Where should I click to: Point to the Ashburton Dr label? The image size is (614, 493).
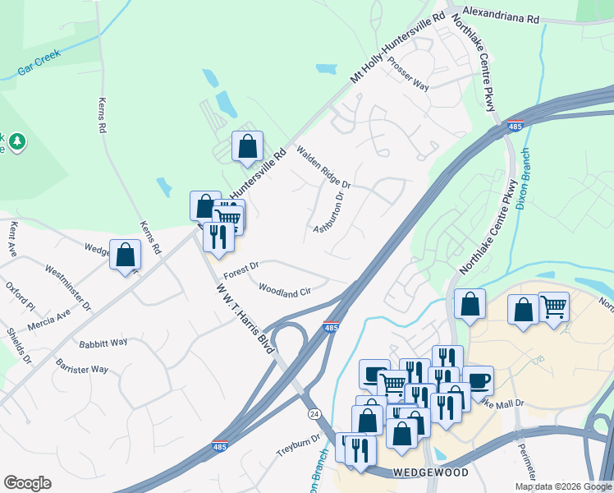pyautogui.click(x=332, y=212)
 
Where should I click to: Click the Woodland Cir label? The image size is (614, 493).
pyautogui.click(x=284, y=289)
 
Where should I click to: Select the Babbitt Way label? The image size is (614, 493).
pyautogui.click(x=103, y=342)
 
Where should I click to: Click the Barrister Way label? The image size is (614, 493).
pyautogui.click(x=82, y=365)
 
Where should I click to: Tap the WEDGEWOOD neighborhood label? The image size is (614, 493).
pyautogui.click(x=419, y=472)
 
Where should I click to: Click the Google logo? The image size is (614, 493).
pyautogui.click(x=27, y=482)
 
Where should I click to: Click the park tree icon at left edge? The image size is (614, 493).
pyautogui.click(x=16, y=143)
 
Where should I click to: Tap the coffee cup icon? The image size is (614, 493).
pyautogui.click(x=478, y=380)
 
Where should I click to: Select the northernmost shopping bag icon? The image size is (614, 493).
pyautogui.click(x=247, y=146)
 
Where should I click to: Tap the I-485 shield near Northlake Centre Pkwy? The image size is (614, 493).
pyautogui.click(x=515, y=127)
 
